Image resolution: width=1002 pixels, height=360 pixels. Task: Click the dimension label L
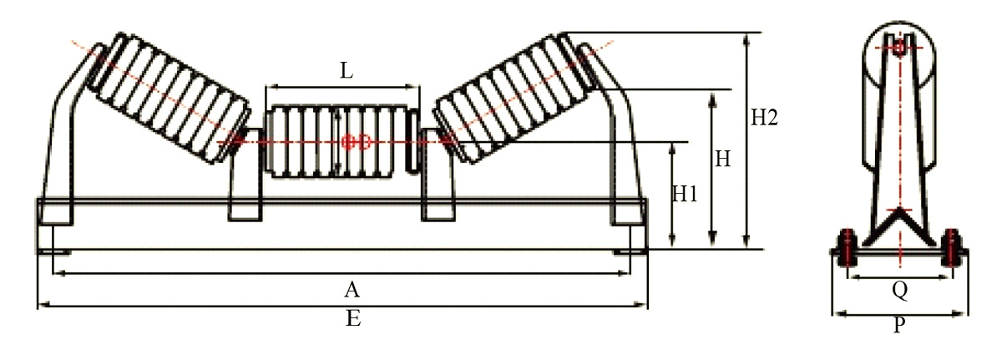[x=346, y=71]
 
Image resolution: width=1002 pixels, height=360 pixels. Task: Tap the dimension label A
[x=352, y=289]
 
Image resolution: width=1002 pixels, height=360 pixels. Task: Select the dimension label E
[x=353, y=319]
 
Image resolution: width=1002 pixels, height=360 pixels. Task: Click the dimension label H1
[x=686, y=195]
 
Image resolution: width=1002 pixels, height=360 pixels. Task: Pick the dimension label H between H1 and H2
[x=722, y=159]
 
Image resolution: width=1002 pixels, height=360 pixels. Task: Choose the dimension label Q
[x=899, y=289]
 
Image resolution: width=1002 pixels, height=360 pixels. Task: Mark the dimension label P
[x=899, y=326]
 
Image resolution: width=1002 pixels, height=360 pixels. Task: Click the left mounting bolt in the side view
[x=847, y=250]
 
